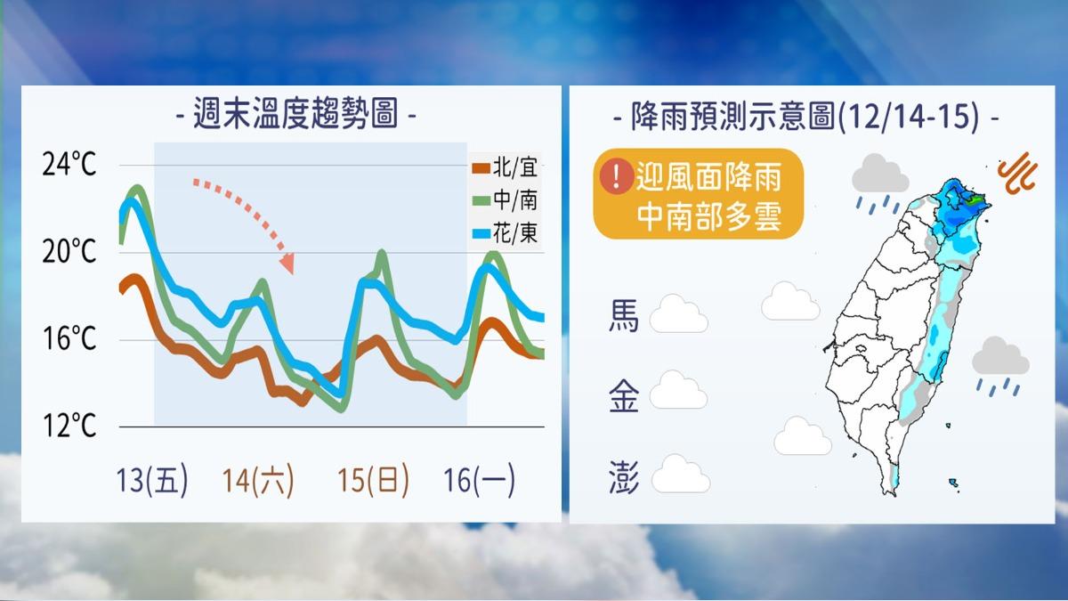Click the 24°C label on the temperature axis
[69, 165]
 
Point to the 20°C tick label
[69, 251]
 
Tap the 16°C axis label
[69, 338]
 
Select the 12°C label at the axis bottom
[69, 426]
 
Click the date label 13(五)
[152, 480]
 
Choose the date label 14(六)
[258, 480]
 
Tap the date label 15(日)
[373, 480]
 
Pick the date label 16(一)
[479, 480]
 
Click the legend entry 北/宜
[506, 168]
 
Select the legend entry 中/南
[506, 200]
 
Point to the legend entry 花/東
[506, 233]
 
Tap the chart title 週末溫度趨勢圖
[295, 114]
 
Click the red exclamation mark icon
[617, 176]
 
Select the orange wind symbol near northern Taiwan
[1018, 174]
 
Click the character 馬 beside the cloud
[624, 316]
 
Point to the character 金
[624, 396]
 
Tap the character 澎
[624, 477]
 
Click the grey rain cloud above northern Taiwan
[880, 175]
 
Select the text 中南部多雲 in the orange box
[708, 217]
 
